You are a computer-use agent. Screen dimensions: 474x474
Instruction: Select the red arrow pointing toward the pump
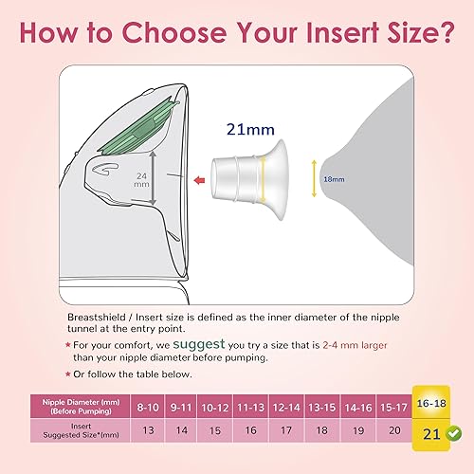198,175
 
